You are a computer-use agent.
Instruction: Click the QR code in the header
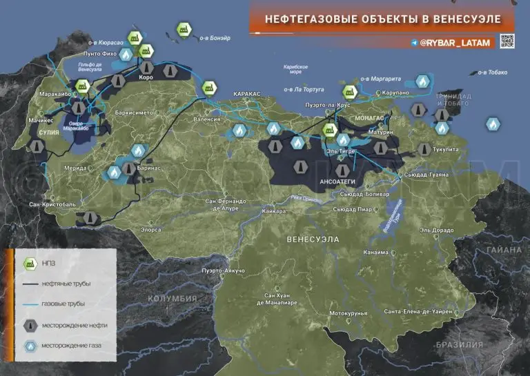508,42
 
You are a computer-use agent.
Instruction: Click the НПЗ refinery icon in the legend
30,263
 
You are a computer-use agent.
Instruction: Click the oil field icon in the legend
30,325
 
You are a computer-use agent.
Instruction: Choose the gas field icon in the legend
30,346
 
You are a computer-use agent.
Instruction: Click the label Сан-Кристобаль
50,205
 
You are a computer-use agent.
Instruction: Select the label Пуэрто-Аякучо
223,270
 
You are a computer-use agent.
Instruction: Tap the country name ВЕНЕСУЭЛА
313,239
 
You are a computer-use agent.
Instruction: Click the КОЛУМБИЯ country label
173,299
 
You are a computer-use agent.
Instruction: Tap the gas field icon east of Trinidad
492,124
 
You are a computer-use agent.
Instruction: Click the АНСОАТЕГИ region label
337,181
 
